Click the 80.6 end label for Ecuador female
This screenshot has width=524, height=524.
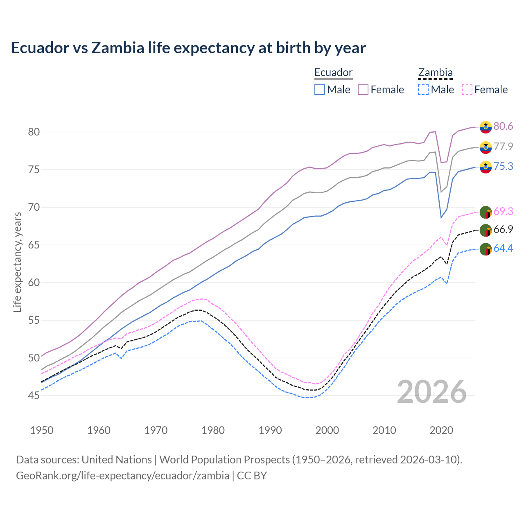pyautogui.click(x=503, y=126)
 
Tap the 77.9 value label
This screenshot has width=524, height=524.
pyautogui.click(x=503, y=147)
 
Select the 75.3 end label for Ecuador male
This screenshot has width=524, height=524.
pyautogui.click(x=503, y=166)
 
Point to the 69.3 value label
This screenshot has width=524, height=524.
pyautogui.click(x=503, y=211)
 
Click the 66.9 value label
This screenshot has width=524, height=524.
pyautogui.click(x=503, y=229)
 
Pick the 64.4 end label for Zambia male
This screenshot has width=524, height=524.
pyautogui.click(x=503, y=248)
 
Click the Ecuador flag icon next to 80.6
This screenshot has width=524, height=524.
pyautogui.click(x=486, y=127)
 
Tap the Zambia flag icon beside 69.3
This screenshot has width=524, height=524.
pyautogui.click(x=486, y=212)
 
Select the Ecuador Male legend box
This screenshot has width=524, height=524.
pyautogui.click(x=320, y=90)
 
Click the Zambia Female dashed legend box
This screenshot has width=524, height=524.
pyautogui.click(x=467, y=90)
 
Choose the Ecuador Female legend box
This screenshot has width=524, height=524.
pyautogui.click(x=363, y=90)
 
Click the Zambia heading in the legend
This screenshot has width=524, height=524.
pyautogui.click(x=435, y=73)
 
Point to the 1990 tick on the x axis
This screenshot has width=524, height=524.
pyautogui.click(x=270, y=430)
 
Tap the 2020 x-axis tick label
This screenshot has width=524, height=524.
pyautogui.click(x=441, y=430)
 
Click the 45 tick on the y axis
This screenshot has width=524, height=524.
pyautogui.click(x=34, y=395)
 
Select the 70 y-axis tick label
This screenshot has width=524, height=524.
pyautogui.click(x=34, y=207)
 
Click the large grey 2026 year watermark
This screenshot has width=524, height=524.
pyautogui.click(x=432, y=392)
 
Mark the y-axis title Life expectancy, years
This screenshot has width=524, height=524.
pyautogui.click(x=18, y=262)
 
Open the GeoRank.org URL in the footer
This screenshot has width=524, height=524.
pyautogui.click(x=122, y=476)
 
